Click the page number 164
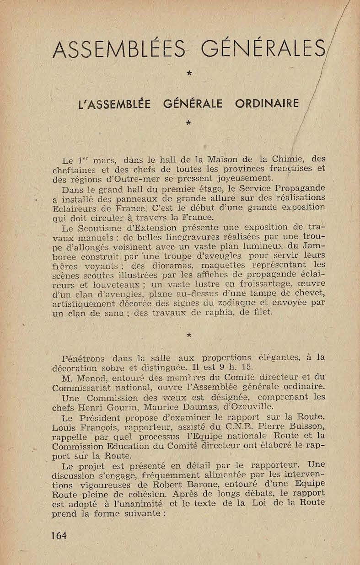pos(59,535)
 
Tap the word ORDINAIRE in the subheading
pos(267,104)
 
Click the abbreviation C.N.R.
pos(236,427)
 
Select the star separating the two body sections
pos(188,335)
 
